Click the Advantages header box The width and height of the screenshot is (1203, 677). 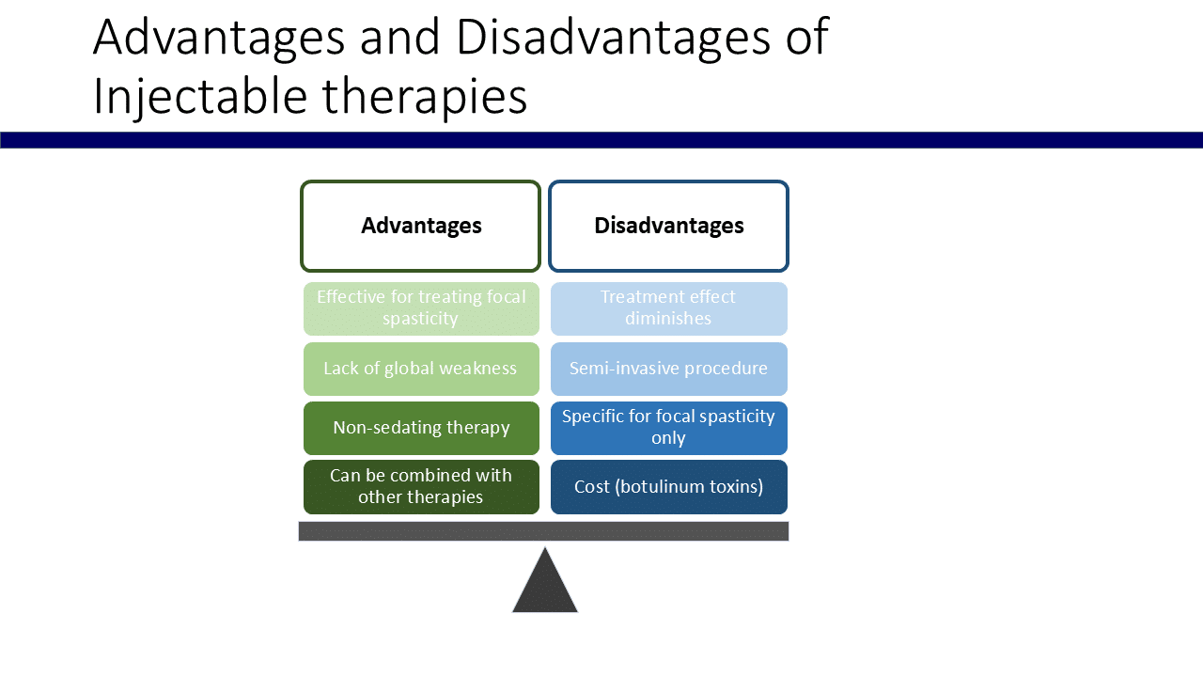[x=421, y=227]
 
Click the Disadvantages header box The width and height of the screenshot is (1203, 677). [x=668, y=227]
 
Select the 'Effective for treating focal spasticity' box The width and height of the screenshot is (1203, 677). [x=421, y=308]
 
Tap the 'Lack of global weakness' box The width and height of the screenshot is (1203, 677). [x=421, y=369]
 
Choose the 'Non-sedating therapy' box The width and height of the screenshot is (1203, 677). [x=421, y=428]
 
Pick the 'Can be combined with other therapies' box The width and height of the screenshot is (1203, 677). [x=421, y=487]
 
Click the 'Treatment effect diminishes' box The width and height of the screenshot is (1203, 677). [x=668, y=308]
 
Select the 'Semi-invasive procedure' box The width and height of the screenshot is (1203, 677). [x=668, y=369]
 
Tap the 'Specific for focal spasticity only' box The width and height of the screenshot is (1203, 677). [x=668, y=428]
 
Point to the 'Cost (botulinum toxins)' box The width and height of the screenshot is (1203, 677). [x=668, y=487]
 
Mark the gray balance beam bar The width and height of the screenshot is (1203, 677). [x=543, y=531]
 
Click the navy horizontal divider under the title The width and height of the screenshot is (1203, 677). [x=601, y=140]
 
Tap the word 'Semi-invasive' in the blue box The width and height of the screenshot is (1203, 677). [x=621, y=369]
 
